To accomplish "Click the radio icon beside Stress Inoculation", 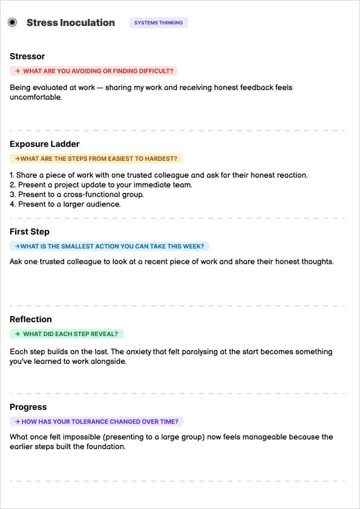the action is (x=12, y=23).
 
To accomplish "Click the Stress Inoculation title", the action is (x=70, y=23).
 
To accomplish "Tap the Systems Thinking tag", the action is (x=159, y=23).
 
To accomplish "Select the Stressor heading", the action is (x=27, y=56).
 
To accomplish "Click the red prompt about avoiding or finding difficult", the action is (x=94, y=71).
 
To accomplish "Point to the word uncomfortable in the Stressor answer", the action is (x=35, y=97).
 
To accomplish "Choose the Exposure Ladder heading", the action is (x=45, y=144).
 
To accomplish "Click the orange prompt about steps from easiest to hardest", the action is (x=96, y=158).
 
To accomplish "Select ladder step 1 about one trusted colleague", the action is (x=159, y=175).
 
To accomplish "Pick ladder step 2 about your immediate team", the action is (x=101, y=185).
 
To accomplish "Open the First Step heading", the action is (x=30, y=232).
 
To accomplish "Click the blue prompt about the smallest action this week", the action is (x=110, y=246).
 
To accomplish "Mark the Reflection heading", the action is (x=31, y=319).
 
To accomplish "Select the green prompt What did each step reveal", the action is (x=67, y=334).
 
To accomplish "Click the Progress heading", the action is (x=28, y=407).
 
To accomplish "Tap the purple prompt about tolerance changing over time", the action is (x=97, y=421).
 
